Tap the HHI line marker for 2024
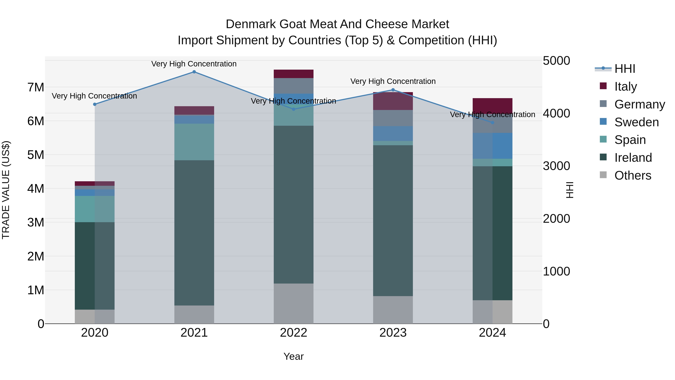pos(492,123)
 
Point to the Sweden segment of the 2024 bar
pos(492,146)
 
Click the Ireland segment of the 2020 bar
pos(95,266)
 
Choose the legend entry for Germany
pos(639,104)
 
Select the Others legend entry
pos(633,175)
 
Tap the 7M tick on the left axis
pos(36,87)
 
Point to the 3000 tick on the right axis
pos(556,166)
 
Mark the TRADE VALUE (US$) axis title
pos(6,190)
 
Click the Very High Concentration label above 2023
pos(393,81)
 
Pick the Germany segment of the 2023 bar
pos(393,118)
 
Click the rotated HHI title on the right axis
pos(570,190)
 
